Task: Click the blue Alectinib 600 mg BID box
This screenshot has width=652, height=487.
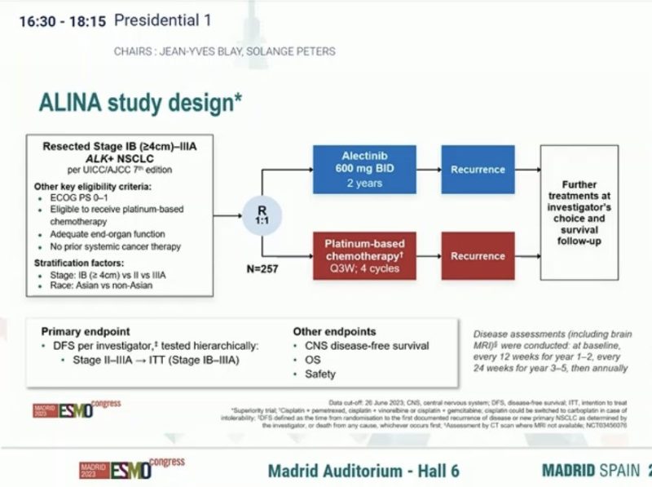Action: click(x=364, y=170)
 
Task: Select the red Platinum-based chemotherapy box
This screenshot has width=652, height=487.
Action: click(x=364, y=255)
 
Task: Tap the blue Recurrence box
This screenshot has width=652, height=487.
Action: click(x=478, y=170)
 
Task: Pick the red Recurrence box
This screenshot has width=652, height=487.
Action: click(x=478, y=255)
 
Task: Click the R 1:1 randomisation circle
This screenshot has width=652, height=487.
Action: click(x=263, y=214)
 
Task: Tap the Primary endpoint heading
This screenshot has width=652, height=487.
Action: click(x=86, y=332)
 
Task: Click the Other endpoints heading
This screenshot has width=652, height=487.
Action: click(x=334, y=332)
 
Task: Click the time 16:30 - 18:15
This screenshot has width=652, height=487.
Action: click(x=62, y=22)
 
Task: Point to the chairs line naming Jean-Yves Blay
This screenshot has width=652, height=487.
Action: click(x=224, y=51)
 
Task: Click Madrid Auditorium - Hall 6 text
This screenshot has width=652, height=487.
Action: click(x=363, y=471)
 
